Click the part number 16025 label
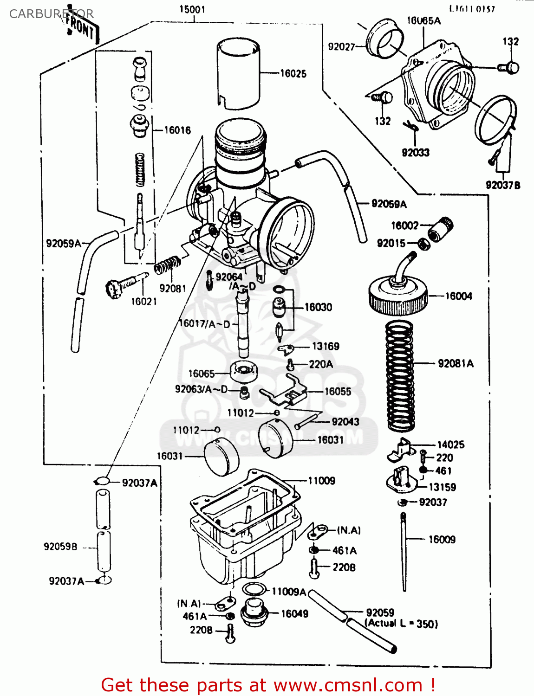(293, 73)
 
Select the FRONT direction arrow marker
(82, 29)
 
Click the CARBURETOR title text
(51, 14)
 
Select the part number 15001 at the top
(192, 9)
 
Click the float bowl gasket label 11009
(321, 481)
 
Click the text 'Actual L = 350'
(402, 624)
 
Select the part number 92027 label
(341, 46)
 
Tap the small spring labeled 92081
(167, 266)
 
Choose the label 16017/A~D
(204, 324)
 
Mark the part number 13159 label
(442, 487)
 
